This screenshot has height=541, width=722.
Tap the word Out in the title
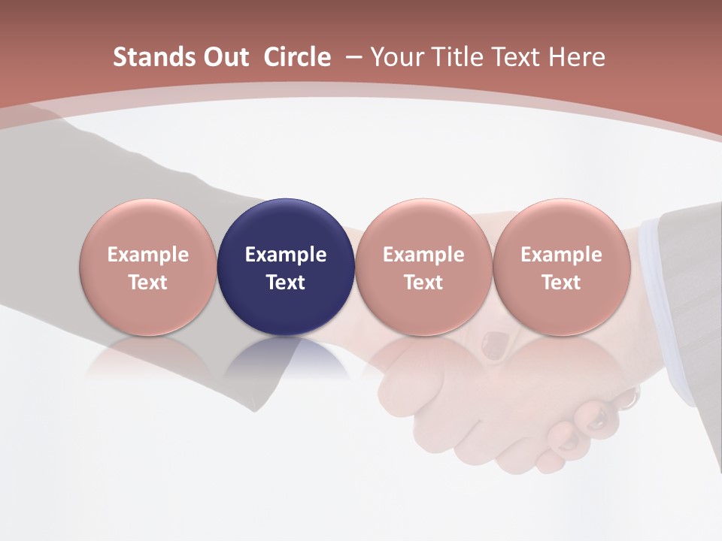(x=224, y=57)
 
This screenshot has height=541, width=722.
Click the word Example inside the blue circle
(x=286, y=255)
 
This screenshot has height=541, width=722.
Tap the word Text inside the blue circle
(x=286, y=283)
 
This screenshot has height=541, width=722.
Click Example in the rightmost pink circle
(x=561, y=255)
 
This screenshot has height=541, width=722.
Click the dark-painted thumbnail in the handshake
(x=493, y=344)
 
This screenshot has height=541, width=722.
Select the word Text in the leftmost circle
(x=148, y=283)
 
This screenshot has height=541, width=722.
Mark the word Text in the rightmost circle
(x=561, y=283)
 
